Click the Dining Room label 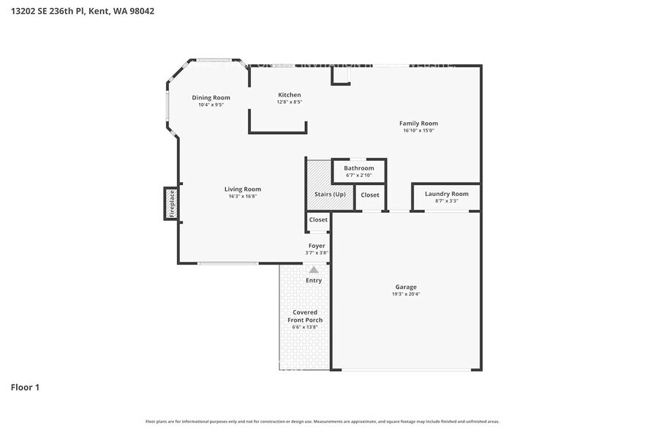coord(211,97)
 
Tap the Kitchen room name coord(289,95)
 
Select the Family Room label coord(418,124)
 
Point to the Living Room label coord(242,189)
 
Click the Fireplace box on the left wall coord(171,203)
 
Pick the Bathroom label coord(358,168)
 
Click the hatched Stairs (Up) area coord(318,183)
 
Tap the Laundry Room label coord(446,194)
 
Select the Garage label coord(406,287)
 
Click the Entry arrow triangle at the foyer coord(314,270)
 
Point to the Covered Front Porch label coord(305,316)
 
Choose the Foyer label coord(317,246)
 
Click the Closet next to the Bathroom coord(370,195)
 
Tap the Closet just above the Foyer coord(318,219)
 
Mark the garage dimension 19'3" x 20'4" coord(406,294)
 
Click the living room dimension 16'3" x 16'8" coord(242,196)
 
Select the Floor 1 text coord(25,387)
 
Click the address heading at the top coord(82,11)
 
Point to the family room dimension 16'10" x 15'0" coord(418,131)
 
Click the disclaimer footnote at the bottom coord(322,421)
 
